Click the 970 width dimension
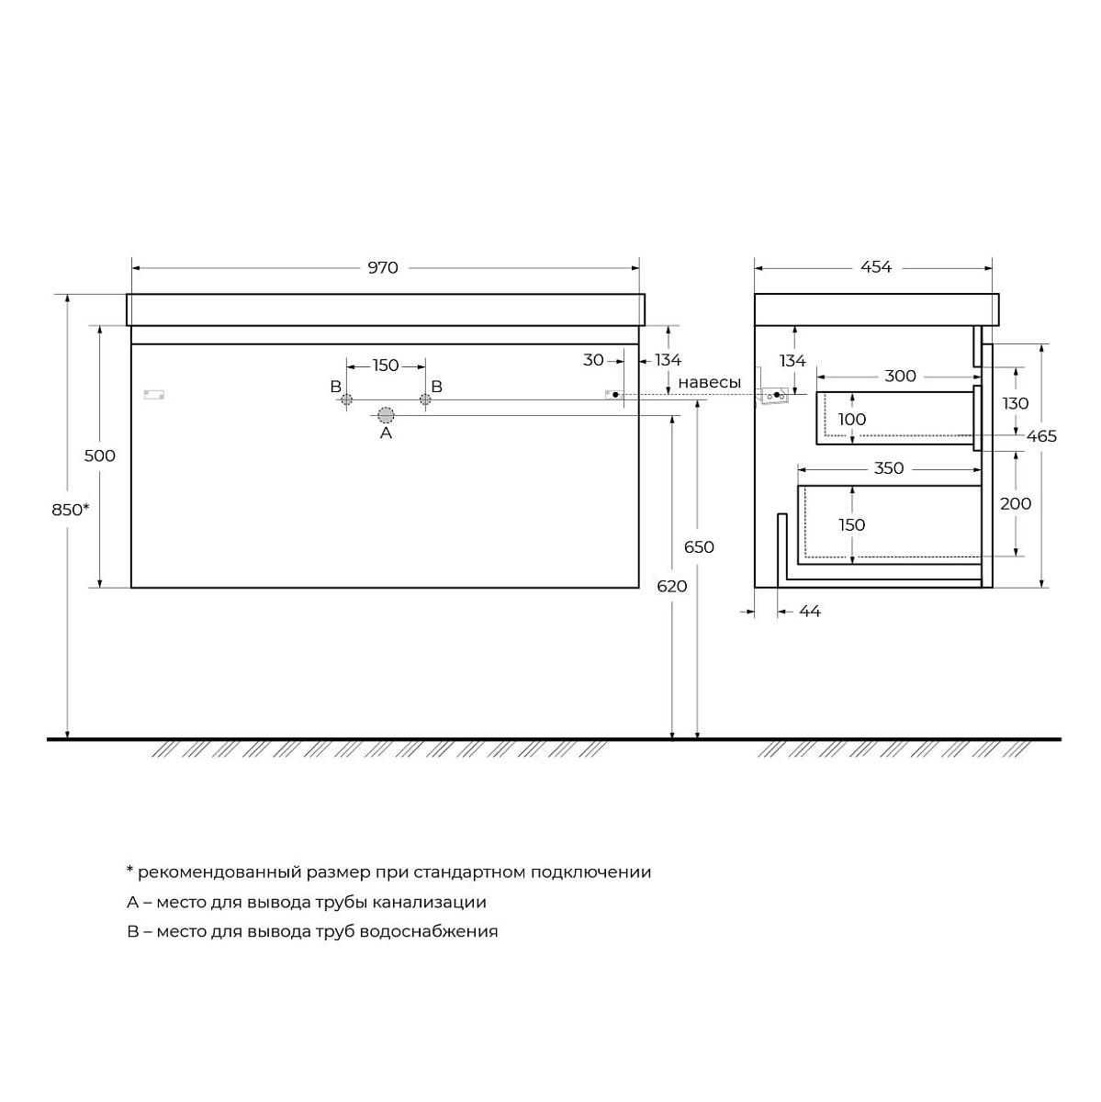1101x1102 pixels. tap(383, 267)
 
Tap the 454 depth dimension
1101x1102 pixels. tap(876, 267)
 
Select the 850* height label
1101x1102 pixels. tap(71, 509)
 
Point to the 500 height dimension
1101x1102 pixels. tap(99, 455)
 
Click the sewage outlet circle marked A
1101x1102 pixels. tap(386, 415)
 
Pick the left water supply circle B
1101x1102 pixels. tap(346, 399)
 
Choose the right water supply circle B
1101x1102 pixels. tap(425, 399)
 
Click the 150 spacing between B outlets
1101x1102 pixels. tap(386, 365)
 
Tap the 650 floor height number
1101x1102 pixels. tap(699, 547)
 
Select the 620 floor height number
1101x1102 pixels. tap(672, 586)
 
